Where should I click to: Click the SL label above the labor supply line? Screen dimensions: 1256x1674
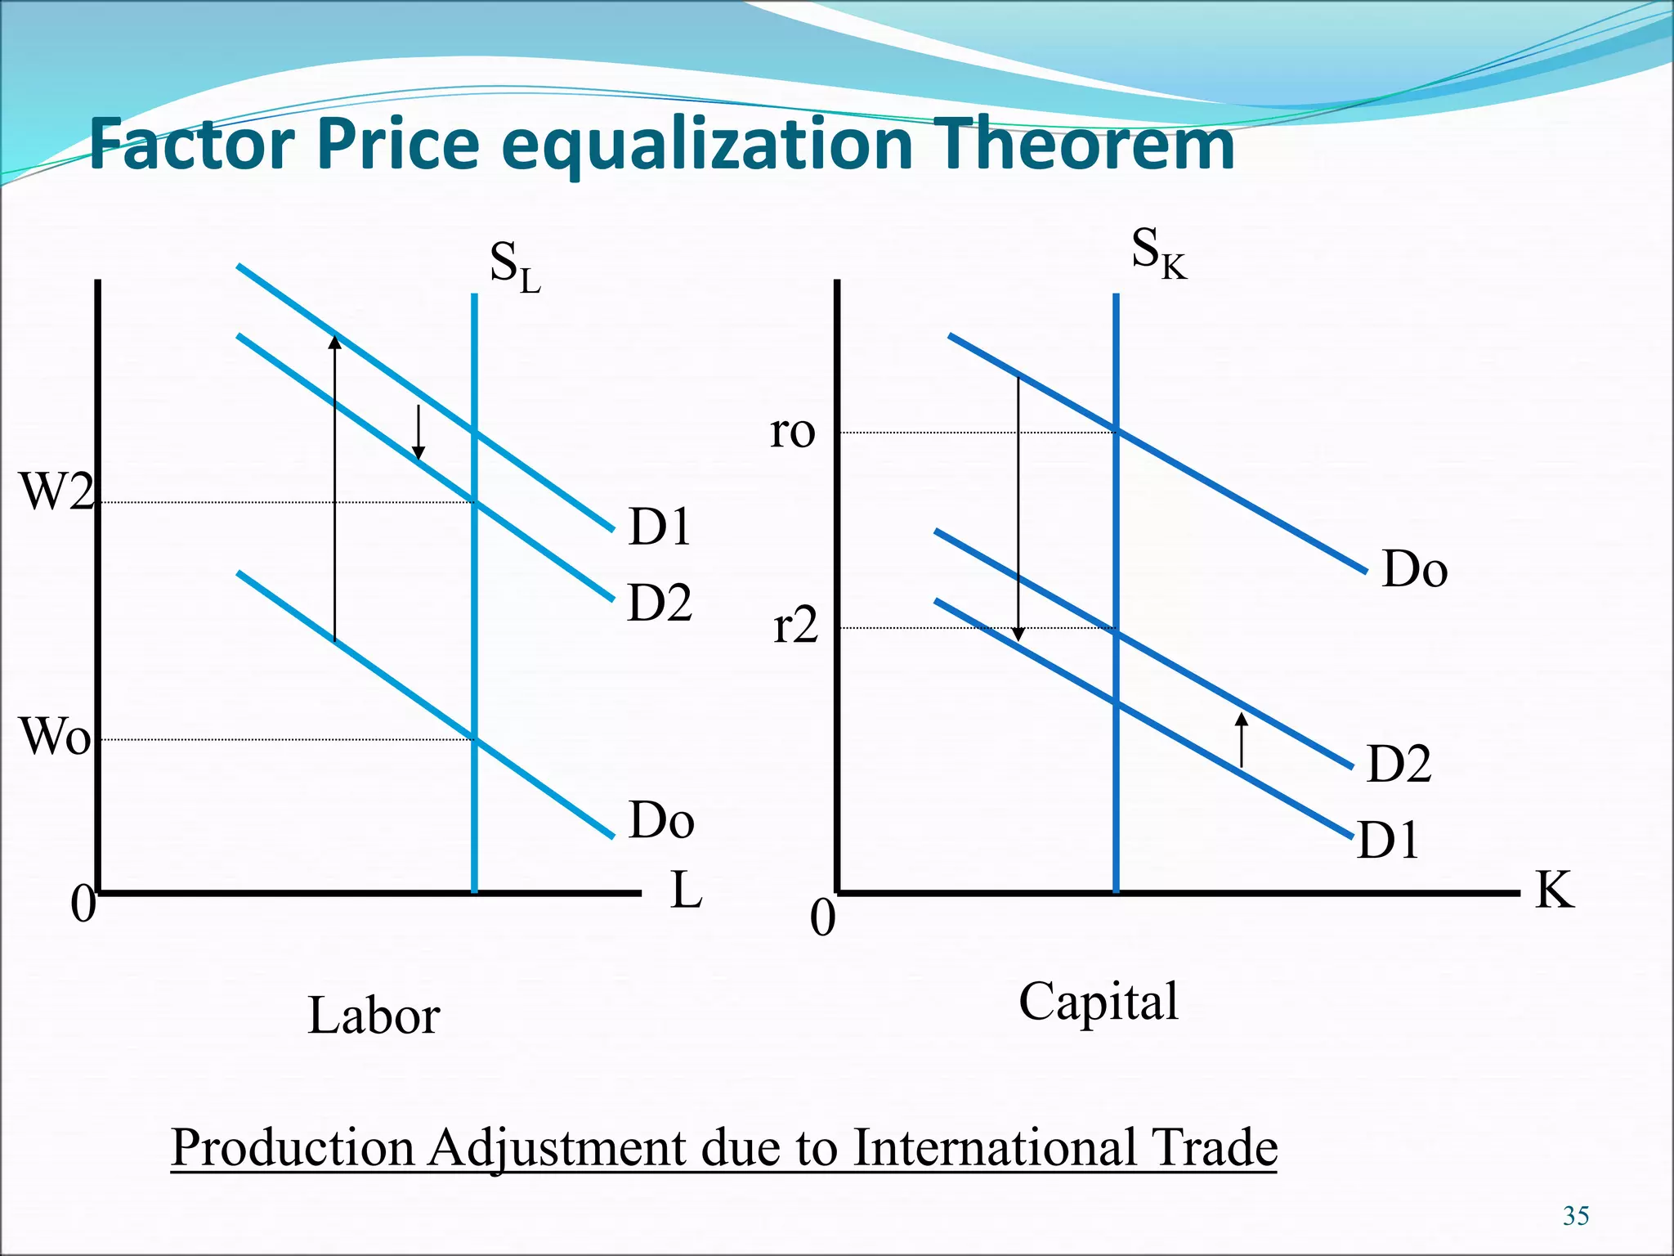point(514,268)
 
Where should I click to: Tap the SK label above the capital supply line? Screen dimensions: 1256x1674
point(1157,253)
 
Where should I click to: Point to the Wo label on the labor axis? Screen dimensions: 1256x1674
point(55,736)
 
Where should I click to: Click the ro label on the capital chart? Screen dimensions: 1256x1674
point(792,431)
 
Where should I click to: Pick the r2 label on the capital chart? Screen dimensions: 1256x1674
point(795,626)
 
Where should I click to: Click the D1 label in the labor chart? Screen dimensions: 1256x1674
point(659,527)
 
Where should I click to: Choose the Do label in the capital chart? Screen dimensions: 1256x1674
point(1414,569)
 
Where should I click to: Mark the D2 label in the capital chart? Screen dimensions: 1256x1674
point(1399,764)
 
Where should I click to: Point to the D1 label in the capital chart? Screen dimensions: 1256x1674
point(1388,840)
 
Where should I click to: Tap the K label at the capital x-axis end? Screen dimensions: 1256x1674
point(1554,890)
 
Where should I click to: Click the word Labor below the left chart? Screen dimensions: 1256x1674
point(374,1016)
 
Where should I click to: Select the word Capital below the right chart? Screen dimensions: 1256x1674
point(1098,1001)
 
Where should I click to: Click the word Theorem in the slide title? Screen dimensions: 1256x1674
point(1083,144)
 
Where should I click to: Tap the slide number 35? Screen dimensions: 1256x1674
point(1575,1216)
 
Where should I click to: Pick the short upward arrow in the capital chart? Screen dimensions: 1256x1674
point(1242,739)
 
